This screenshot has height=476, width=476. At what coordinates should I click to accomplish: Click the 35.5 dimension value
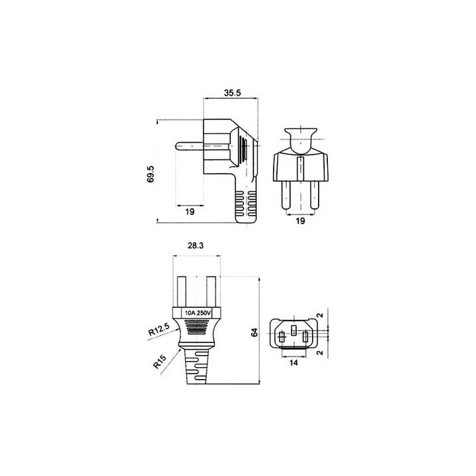tap(232, 93)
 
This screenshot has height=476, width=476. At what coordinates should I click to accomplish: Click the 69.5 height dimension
tap(151, 174)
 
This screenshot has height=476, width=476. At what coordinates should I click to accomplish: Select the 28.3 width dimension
tap(196, 245)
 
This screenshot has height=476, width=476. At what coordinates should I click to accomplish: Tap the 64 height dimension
tap(255, 333)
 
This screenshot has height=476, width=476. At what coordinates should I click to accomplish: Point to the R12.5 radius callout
tap(160, 329)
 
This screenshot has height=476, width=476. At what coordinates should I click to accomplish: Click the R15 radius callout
tap(160, 362)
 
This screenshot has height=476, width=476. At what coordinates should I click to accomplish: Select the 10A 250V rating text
tap(198, 313)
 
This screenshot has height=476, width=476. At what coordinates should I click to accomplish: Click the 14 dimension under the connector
tap(294, 362)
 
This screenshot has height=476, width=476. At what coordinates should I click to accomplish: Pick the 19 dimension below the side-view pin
tap(190, 212)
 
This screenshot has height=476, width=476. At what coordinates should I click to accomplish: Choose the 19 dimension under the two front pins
tap(300, 221)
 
